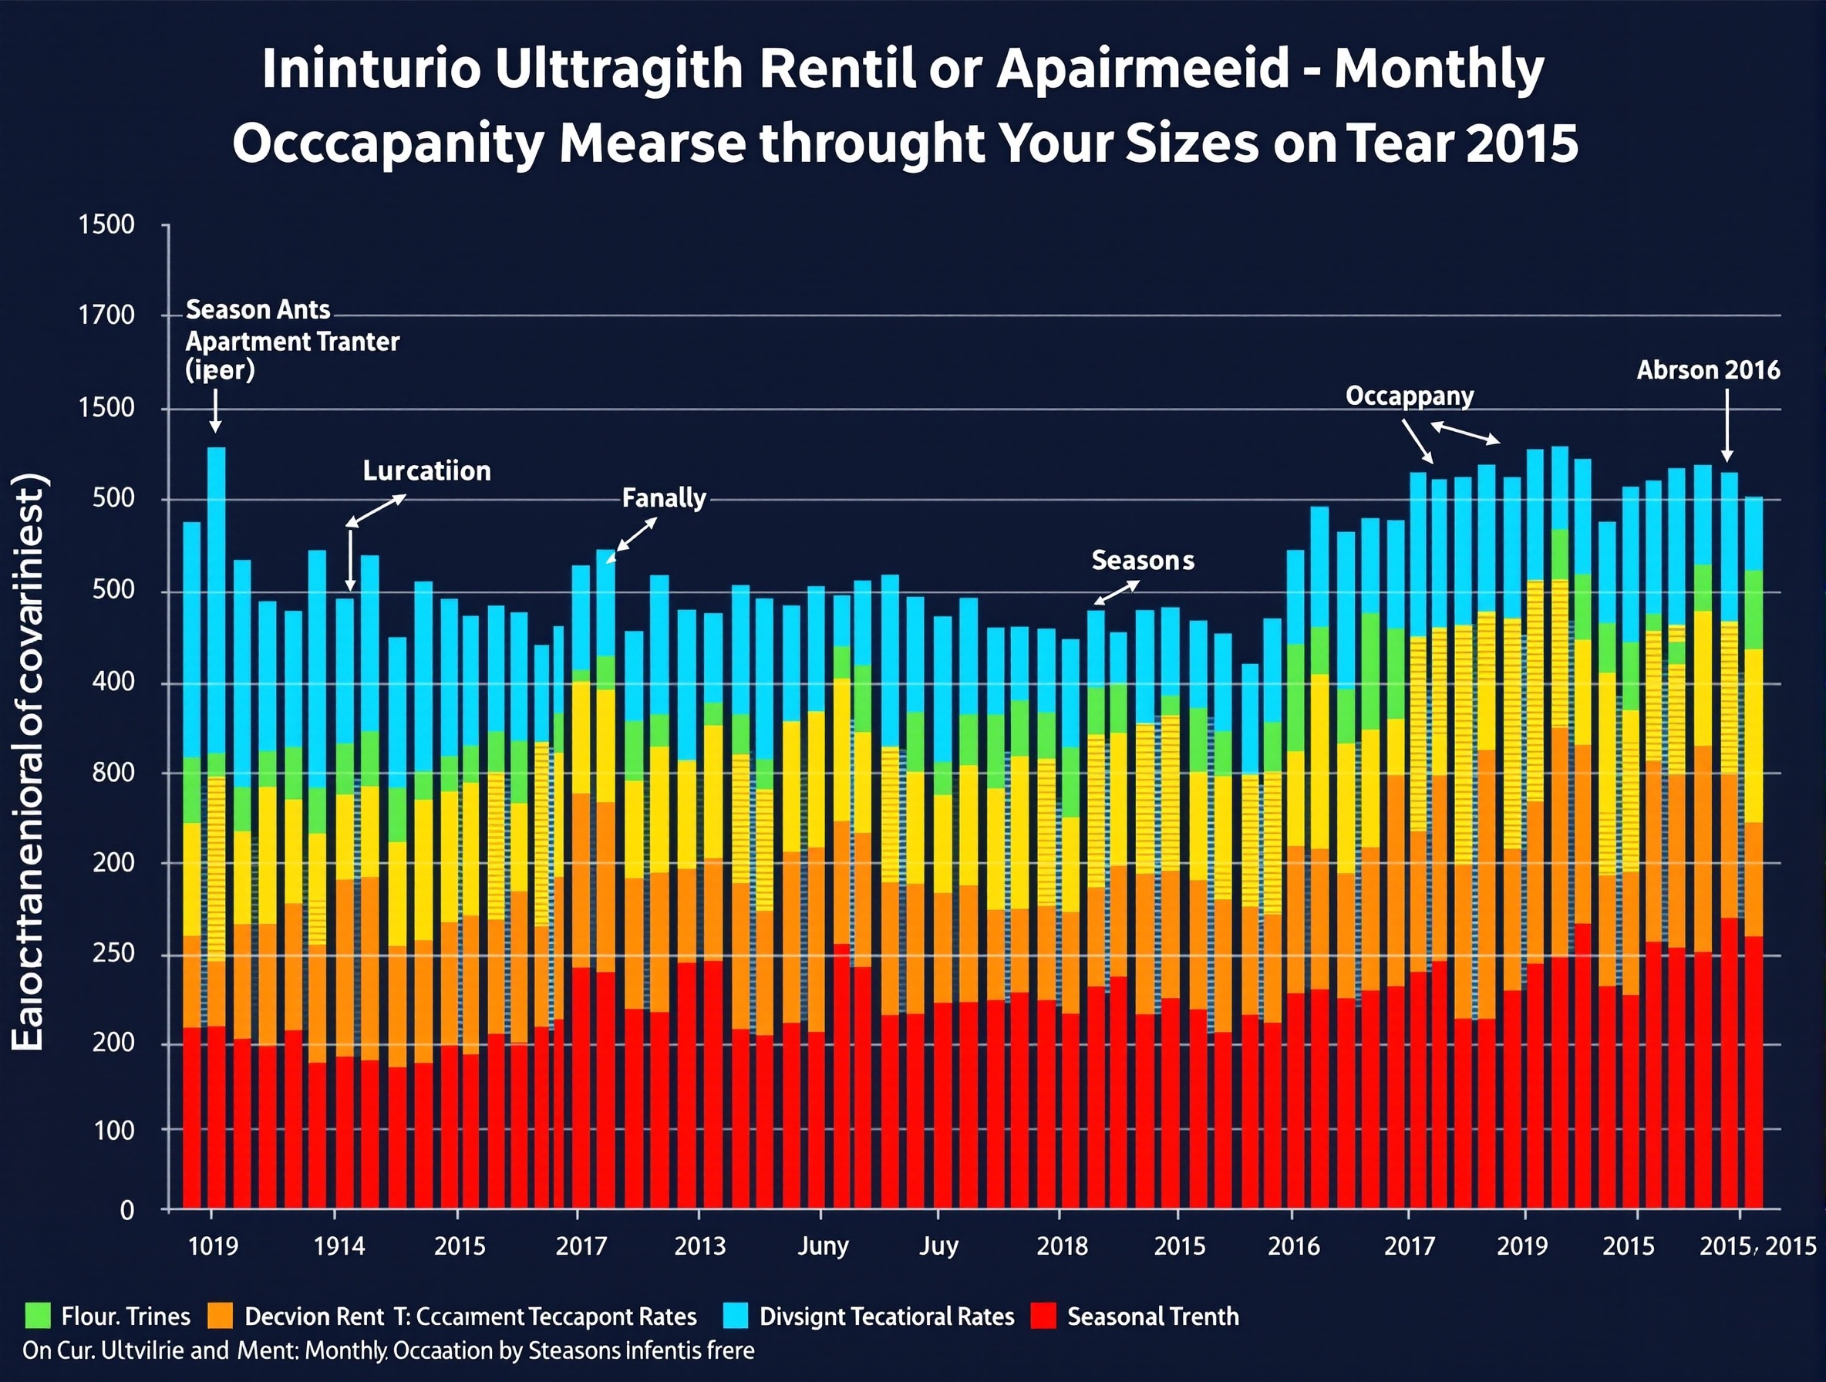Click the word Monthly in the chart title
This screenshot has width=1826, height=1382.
click(1438, 69)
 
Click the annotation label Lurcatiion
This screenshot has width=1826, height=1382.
click(426, 470)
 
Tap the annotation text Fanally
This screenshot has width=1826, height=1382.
click(664, 498)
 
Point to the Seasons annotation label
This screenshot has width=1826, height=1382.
click(1143, 561)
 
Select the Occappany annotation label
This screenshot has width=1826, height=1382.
click(1409, 396)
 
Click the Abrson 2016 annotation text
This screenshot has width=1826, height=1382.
click(1708, 370)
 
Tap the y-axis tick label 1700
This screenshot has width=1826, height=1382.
click(106, 315)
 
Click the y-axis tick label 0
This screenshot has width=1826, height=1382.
click(126, 1210)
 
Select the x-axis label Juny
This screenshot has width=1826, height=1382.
click(822, 1245)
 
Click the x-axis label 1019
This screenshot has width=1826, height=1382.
click(213, 1245)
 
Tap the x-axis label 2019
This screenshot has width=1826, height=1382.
click(1521, 1245)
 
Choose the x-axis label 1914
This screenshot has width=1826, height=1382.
click(339, 1245)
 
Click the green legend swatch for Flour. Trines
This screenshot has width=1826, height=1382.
click(38, 1316)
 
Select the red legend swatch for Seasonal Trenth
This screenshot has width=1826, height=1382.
click(1044, 1316)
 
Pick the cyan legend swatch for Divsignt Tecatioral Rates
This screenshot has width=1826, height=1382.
click(735, 1316)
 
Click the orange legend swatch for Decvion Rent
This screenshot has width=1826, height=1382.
click(221, 1316)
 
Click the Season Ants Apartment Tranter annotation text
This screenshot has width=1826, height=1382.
click(291, 340)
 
